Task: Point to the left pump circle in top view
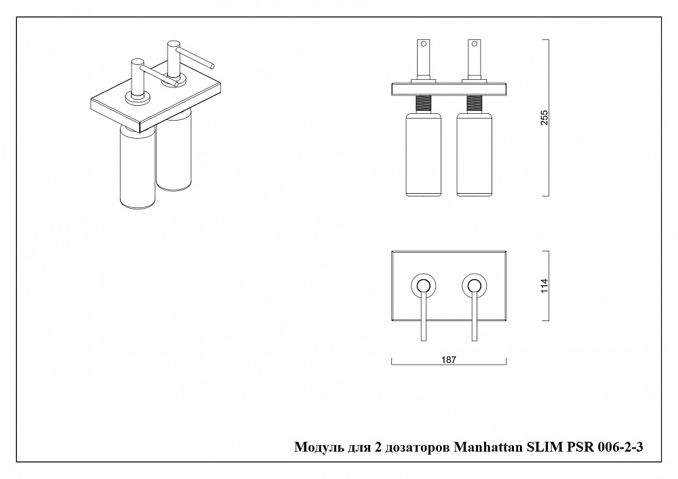pyautogui.click(x=423, y=285)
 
